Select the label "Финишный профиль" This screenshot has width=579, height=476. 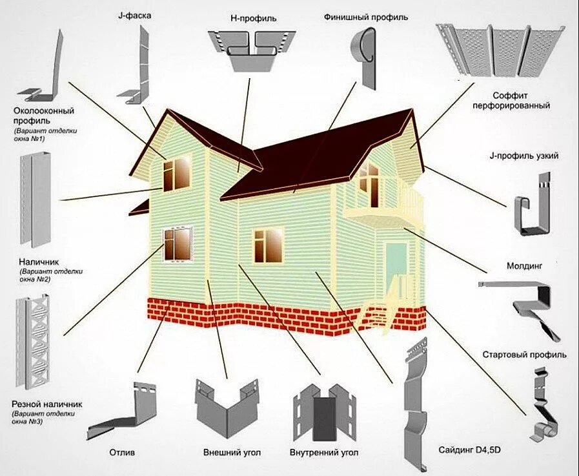pyautogui.click(x=366, y=17)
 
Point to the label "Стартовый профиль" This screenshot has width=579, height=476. pyautogui.click(x=525, y=355)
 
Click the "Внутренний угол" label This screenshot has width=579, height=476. pyautogui.click(x=324, y=452)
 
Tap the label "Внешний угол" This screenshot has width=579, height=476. pyautogui.click(x=232, y=452)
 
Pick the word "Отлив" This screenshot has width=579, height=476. pyautogui.click(x=123, y=452)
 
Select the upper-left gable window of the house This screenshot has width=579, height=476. pyautogui.click(x=176, y=172)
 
